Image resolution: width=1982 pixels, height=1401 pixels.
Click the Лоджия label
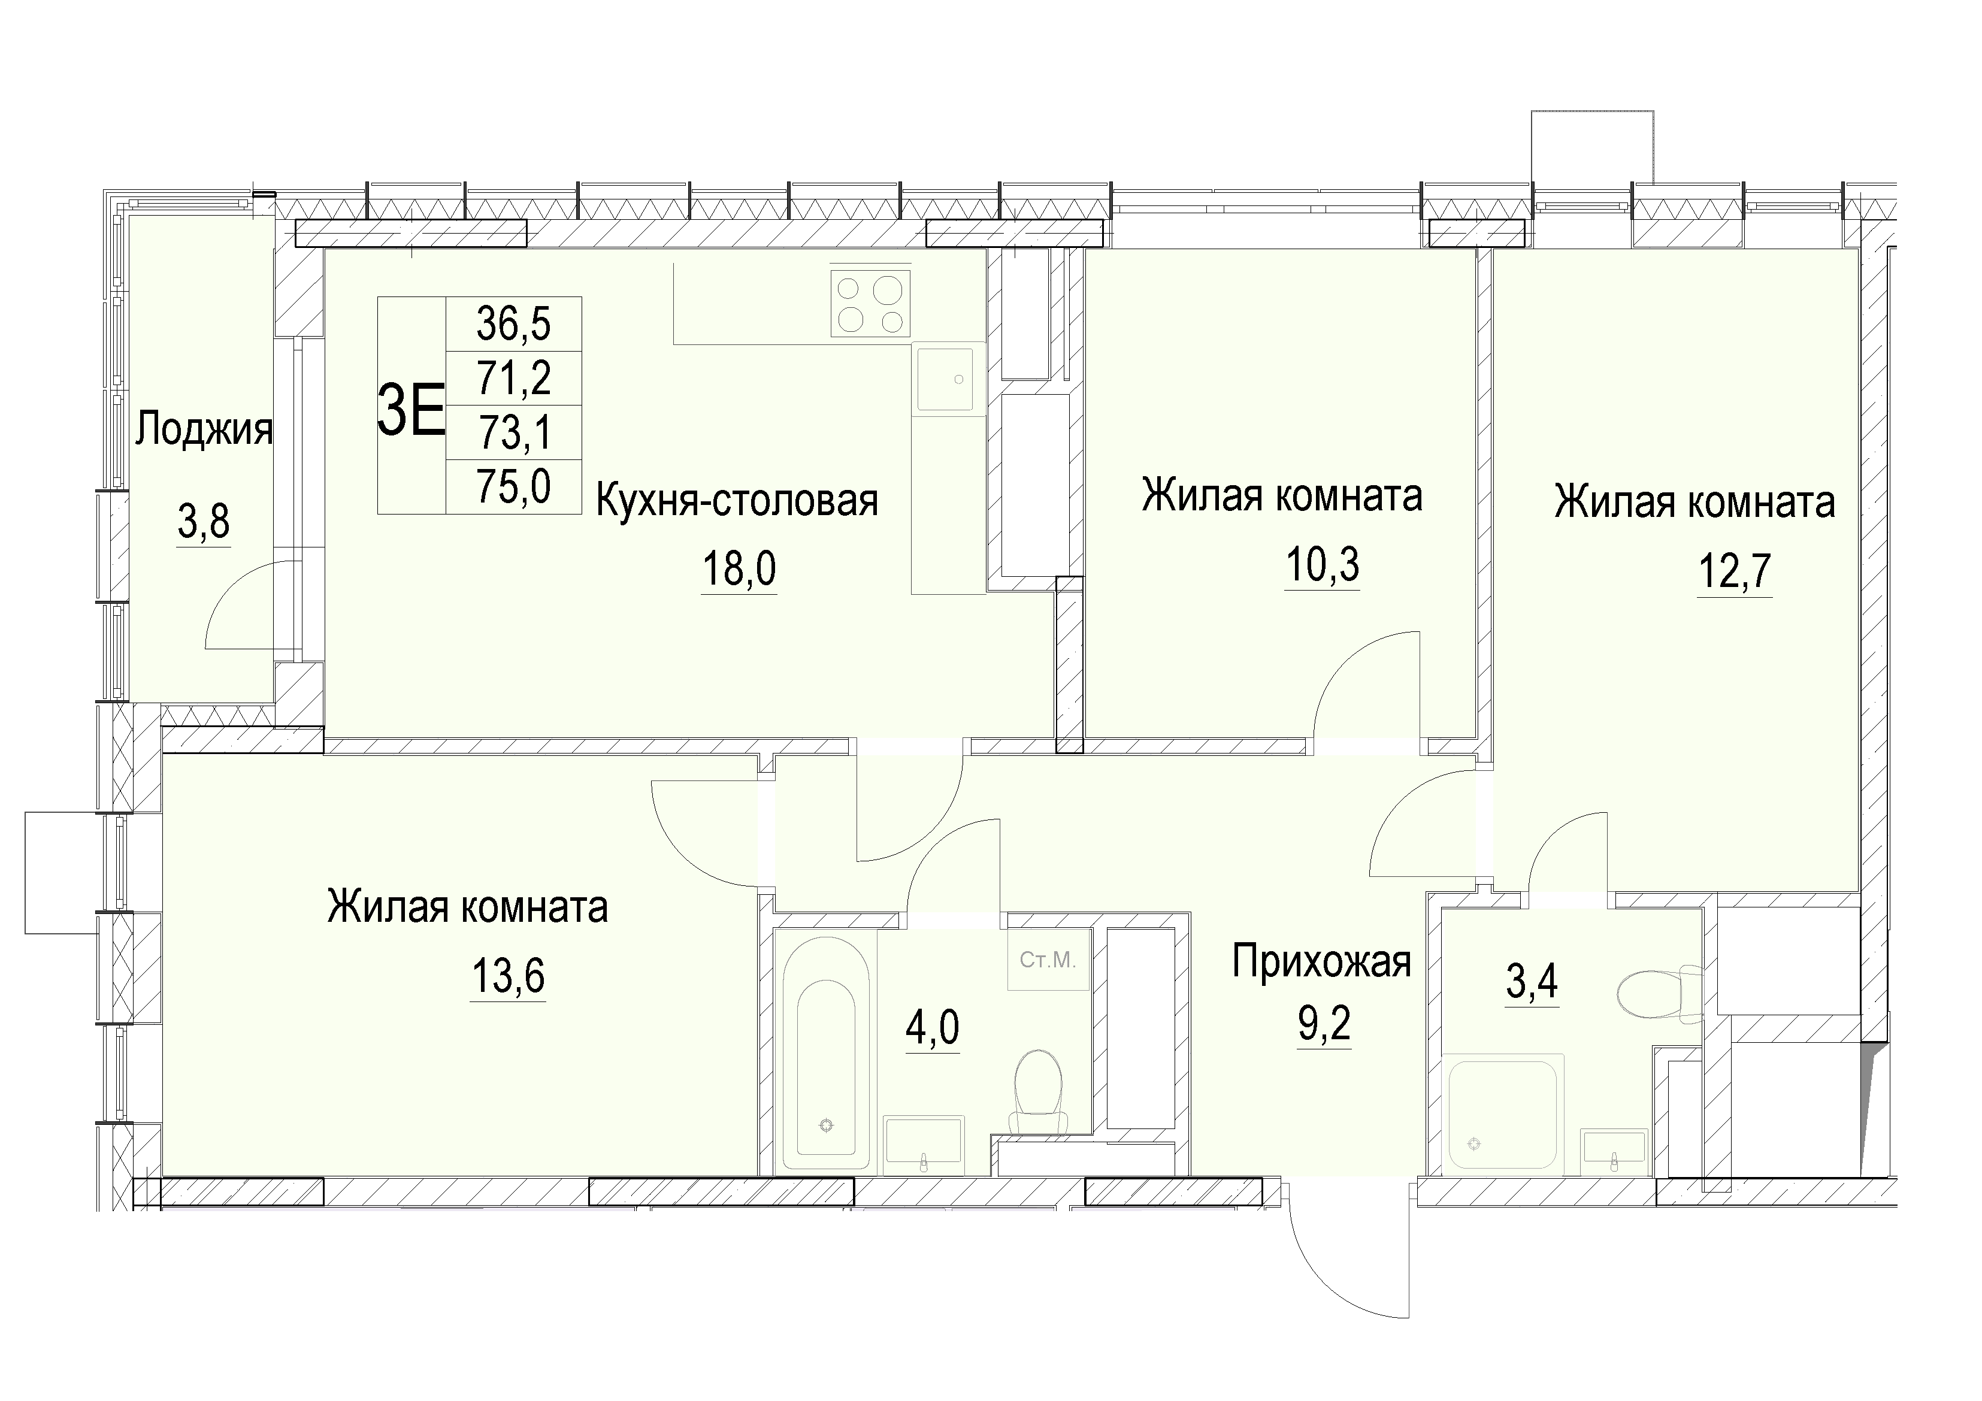pyautogui.click(x=204, y=430)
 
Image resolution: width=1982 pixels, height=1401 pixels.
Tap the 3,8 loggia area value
pyautogui.click(x=204, y=522)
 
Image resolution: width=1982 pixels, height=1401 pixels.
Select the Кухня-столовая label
pyautogui.click(x=737, y=501)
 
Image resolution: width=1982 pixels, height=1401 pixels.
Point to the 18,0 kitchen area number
pyautogui.click(x=739, y=569)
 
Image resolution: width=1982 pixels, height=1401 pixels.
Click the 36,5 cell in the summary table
pyautogui.click(x=514, y=325)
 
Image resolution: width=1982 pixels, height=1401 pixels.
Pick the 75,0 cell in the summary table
pyautogui.click(x=514, y=486)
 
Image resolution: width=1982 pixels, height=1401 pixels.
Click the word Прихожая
pyautogui.click(x=1321, y=961)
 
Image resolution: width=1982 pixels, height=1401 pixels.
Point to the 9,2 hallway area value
pyautogui.click(x=1324, y=1025)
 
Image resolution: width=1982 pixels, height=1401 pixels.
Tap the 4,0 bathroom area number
pyautogui.click(x=932, y=1027)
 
